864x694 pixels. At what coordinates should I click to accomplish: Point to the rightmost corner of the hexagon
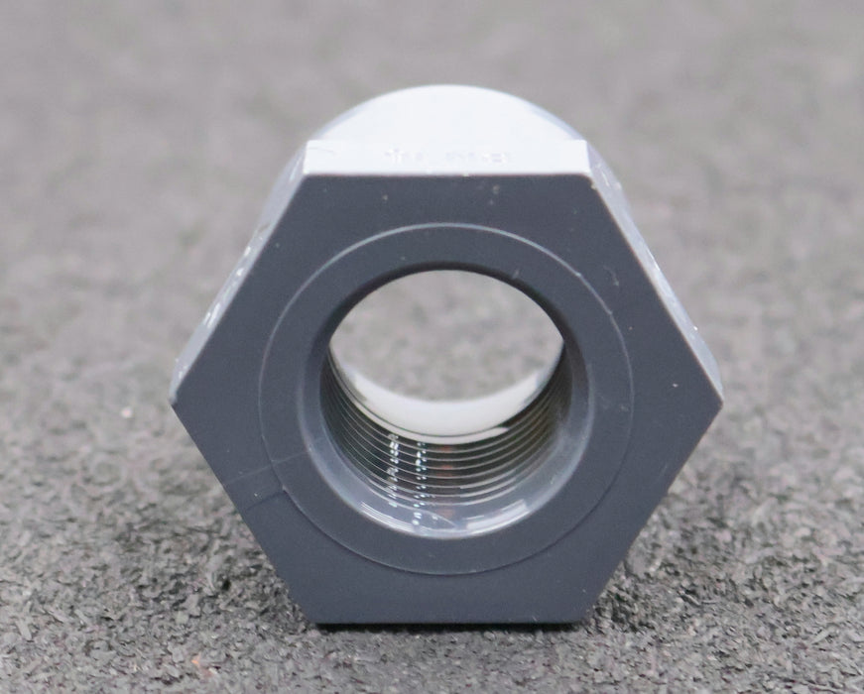[721, 397]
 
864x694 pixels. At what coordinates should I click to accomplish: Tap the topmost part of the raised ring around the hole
[446, 233]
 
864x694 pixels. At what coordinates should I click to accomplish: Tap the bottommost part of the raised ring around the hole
[446, 565]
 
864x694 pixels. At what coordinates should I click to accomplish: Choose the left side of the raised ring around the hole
[273, 397]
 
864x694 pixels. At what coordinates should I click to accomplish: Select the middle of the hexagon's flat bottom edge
[446, 622]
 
